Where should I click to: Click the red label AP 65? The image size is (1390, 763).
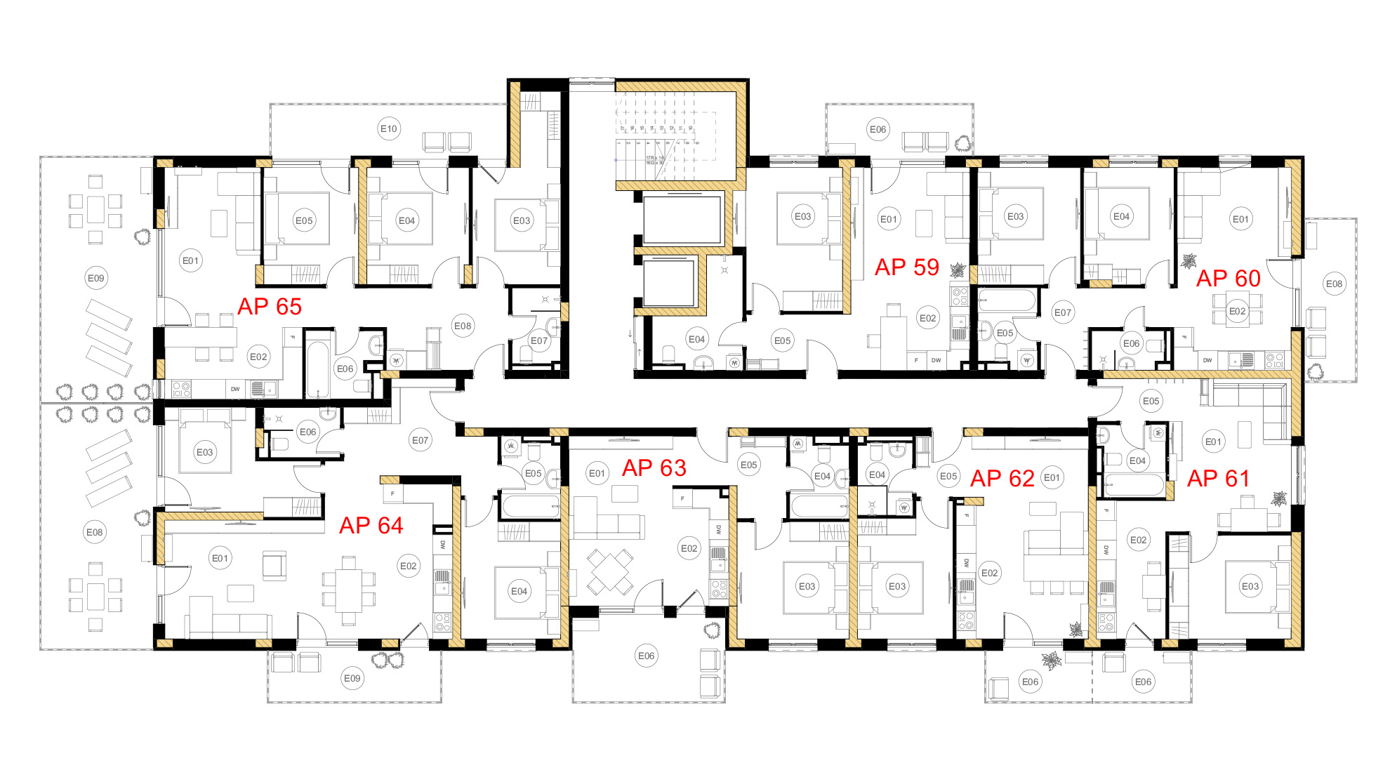[270, 307]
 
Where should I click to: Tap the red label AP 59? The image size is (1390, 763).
[906, 267]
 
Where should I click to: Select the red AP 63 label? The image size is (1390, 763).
[654, 468]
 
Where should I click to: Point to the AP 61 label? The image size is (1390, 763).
[1218, 479]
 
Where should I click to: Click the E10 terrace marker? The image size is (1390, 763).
[388, 128]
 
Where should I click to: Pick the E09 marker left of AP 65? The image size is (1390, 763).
[95, 278]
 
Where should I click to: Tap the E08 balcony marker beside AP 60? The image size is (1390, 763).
[1334, 284]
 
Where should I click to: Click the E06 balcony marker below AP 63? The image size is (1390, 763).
[646, 656]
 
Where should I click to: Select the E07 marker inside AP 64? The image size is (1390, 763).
[420, 440]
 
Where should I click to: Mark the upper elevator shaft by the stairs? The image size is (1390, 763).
[682, 220]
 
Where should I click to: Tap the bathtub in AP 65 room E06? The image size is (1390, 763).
[318, 369]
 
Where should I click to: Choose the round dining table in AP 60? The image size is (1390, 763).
[1237, 311]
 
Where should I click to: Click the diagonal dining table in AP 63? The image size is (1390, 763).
[609, 571]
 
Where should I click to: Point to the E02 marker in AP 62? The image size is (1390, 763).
[989, 573]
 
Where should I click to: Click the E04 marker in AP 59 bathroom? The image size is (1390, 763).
[696, 339]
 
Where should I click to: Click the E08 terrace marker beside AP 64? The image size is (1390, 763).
[94, 532]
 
